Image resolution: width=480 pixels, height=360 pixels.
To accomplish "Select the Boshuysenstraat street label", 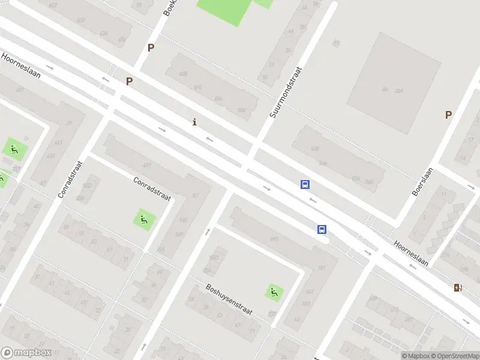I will [x=229, y=300].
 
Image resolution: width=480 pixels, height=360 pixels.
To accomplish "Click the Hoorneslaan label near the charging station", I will [x=412, y=254].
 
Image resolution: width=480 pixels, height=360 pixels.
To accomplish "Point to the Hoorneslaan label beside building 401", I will [x=25, y=67].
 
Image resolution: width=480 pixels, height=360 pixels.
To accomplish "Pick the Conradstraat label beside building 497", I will [x=152, y=188].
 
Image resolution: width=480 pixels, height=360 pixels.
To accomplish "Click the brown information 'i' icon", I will [x=194, y=122].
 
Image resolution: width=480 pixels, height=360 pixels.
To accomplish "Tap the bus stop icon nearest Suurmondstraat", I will [x=305, y=185].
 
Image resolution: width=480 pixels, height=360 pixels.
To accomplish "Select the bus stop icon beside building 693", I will [x=322, y=229].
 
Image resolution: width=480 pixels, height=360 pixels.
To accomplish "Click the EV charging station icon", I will [x=458, y=287].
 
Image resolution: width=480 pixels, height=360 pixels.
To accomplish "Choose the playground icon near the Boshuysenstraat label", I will [x=274, y=292].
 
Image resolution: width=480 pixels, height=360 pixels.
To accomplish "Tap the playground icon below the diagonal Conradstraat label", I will [x=143, y=219].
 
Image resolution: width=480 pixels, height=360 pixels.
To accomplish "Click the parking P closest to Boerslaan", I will [x=448, y=115].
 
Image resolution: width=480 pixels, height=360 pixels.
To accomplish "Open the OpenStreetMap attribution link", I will [x=455, y=356].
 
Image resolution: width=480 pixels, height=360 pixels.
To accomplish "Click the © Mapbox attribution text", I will [x=415, y=356].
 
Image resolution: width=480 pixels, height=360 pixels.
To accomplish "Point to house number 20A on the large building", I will [x=400, y=90].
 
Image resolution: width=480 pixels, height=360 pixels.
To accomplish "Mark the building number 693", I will [x=274, y=239].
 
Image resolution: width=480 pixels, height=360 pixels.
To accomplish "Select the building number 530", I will [x=315, y=148].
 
